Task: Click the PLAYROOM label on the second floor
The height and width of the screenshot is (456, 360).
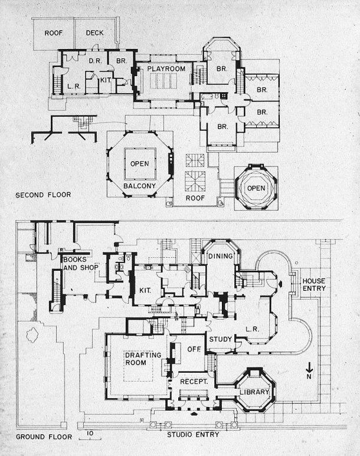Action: coord(166,69)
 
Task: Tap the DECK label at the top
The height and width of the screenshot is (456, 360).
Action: coord(94,33)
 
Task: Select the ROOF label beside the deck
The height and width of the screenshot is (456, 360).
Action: coord(53,33)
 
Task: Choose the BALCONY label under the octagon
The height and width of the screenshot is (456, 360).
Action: coord(139,186)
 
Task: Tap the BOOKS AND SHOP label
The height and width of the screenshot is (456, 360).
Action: coord(80,264)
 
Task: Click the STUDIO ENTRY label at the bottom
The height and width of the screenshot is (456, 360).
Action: coord(192,435)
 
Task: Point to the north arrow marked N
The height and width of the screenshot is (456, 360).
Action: coord(309,373)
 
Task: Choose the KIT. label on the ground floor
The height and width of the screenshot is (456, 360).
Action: coord(145,290)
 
